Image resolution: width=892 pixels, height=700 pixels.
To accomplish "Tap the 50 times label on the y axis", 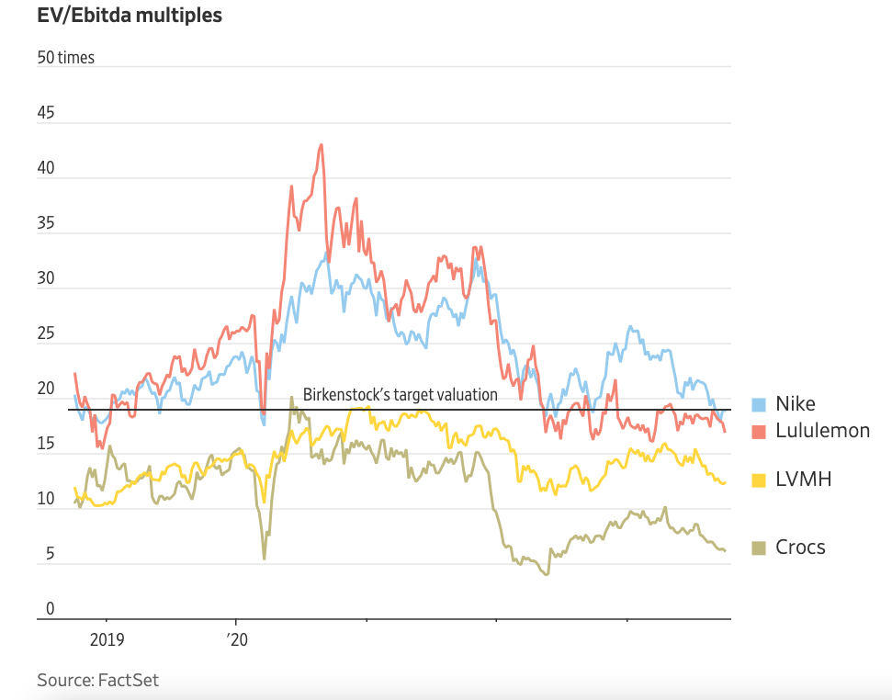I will (65, 58).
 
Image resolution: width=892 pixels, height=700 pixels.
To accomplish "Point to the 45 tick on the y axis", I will (46, 114).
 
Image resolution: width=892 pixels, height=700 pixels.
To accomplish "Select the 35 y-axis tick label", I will (46, 224).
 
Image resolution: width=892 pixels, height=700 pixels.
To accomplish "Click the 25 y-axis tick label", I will (46, 334).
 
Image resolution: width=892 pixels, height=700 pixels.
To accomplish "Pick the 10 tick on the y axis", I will (46, 500).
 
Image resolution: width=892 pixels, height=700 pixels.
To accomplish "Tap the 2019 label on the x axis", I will (107, 639).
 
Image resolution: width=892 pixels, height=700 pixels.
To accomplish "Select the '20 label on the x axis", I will (237, 639).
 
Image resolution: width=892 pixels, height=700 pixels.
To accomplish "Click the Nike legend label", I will (796, 404).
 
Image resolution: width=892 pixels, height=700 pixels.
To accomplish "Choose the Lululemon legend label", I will (822, 430).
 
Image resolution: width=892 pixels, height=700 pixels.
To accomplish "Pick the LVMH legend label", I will (803, 479).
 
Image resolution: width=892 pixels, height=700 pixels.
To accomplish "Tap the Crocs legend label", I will (800, 548).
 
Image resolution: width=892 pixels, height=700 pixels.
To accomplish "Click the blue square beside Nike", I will (760, 405).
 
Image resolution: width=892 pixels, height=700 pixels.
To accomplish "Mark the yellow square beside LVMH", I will (760, 480).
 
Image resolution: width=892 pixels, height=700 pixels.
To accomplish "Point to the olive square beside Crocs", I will (760, 548).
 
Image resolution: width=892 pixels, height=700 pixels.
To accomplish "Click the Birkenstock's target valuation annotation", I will (400, 394).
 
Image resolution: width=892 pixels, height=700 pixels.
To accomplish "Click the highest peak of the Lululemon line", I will (321, 144).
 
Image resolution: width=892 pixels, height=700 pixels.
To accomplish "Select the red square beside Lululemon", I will (760, 431).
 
